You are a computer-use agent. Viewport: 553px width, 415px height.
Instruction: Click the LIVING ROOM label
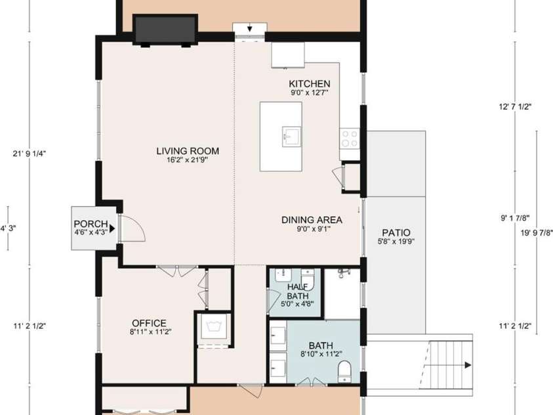[187, 151]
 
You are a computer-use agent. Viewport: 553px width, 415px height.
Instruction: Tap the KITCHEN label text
[310, 84]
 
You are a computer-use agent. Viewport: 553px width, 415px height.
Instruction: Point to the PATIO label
[396, 232]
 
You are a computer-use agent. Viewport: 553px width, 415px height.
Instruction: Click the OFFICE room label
[149, 323]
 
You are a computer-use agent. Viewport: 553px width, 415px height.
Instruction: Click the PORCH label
[90, 223]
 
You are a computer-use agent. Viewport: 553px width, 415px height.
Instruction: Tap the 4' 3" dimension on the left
[8, 229]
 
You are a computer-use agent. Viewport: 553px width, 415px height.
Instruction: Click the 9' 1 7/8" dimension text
[515, 219]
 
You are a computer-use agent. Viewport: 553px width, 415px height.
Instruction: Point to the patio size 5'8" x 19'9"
[396, 242]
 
